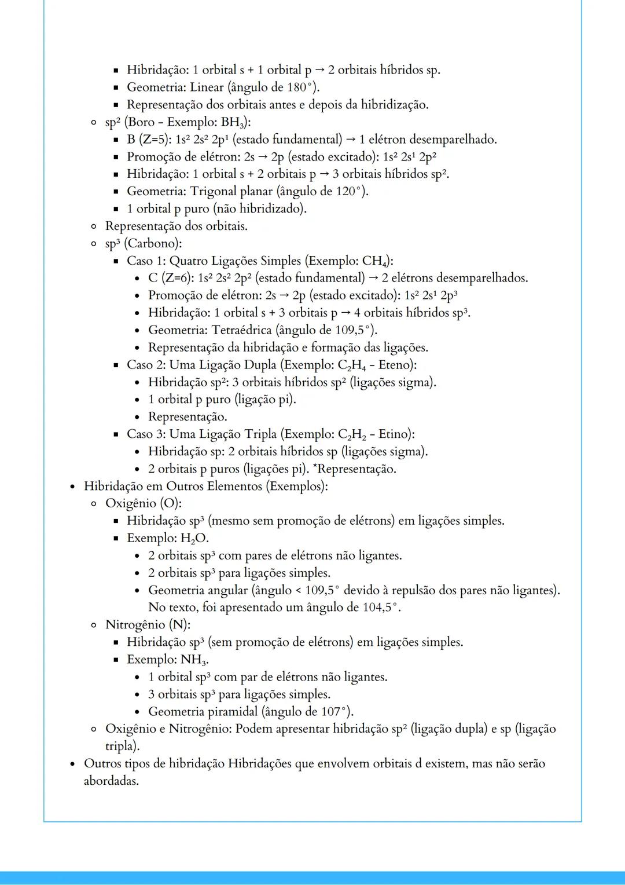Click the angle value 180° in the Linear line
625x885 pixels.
coord(300,87)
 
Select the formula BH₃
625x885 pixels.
coord(233,122)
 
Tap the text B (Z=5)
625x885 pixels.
coord(149,140)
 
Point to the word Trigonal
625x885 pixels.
coord(214,192)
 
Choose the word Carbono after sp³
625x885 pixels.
coord(151,243)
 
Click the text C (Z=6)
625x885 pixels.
coord(171,278)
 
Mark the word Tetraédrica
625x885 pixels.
coord(241,330)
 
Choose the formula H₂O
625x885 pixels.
coord(193,539)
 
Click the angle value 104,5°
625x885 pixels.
coord(377,608)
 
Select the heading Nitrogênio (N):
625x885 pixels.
coord(148,625)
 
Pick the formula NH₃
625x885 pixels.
coord(194,660)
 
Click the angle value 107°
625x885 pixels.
coord(335,712)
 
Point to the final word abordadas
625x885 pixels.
coord(111,781)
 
